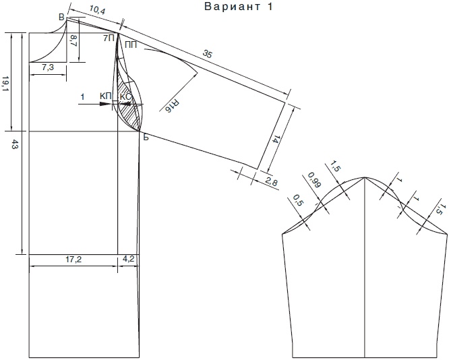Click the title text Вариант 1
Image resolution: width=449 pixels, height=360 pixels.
coord(238,7)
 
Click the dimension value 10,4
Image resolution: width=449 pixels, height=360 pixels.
coord(97,10)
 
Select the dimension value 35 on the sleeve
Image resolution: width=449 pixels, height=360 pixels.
coord(208,53)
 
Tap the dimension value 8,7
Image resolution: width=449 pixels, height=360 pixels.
coord(73,41)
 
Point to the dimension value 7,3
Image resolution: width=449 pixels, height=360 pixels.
coord(48,68)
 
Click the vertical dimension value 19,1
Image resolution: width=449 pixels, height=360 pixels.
coord(5,84)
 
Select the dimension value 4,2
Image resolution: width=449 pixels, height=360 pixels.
coord(129,259)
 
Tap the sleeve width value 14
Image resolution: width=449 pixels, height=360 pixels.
coord(274,140)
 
